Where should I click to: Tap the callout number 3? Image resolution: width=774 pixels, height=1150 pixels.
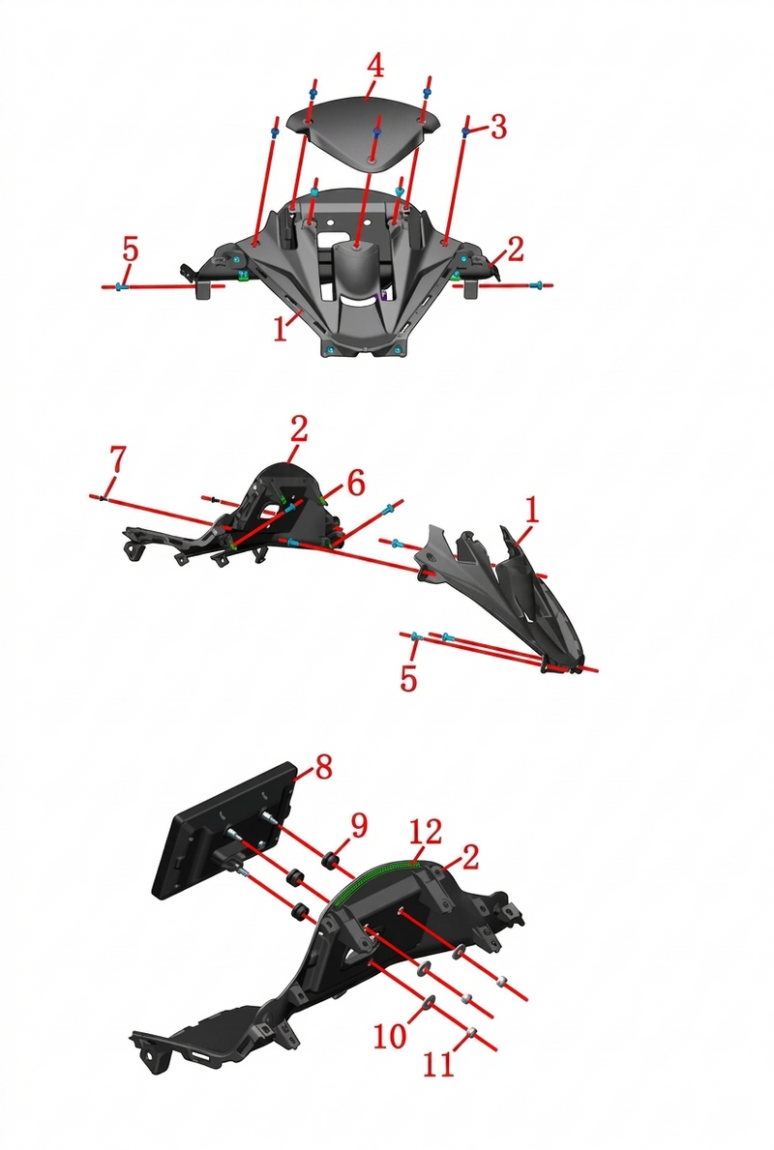point(498,127)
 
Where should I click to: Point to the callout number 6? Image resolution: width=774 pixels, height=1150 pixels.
point(356,484)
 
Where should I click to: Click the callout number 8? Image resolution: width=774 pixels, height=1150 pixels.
point(323,768)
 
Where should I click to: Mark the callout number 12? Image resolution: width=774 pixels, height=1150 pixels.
point(426,832)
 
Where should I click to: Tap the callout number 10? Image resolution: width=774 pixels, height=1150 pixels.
point(390,1036)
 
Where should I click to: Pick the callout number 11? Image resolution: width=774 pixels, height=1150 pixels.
point(438,1065)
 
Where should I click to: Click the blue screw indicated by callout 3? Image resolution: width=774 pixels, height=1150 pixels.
point(466,131)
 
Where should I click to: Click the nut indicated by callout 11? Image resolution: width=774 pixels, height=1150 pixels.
point(472,1032)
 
